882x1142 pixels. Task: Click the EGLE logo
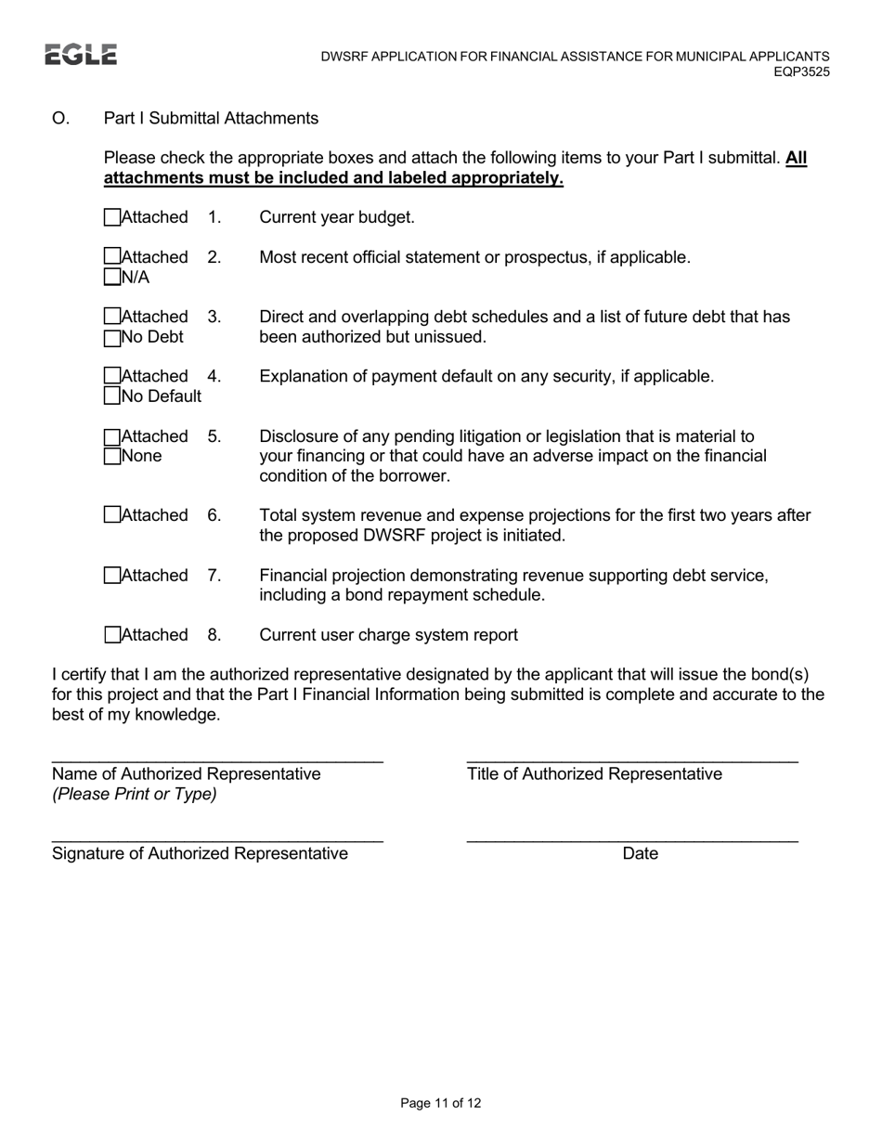pyautogui.click(x=81, y=55)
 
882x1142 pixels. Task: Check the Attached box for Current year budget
pyautogui.click(x=112, y=217)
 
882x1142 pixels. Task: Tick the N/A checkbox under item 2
pyautogui.click(x=112, y=277)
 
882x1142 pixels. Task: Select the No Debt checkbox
pyautogui.click(x=112, y=337)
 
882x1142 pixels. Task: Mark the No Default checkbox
pyautogui.click(x=112, y=396)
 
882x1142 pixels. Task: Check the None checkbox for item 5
pyautogui.click(x=112, y=456)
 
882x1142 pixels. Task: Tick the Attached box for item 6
pyautogui.click(x=112, y=515)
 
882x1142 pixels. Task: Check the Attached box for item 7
pyautogui.click(x=112, y=576)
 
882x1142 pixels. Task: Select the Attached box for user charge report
pyautogui.click(x=112, y=635)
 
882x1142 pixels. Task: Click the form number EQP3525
pyautogui.click(x=801, y=71)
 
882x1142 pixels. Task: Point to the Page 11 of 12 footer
pyautogui.click(x=440, y=1103)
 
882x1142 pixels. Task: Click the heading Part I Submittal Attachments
pyautogui.click(x=211, y=118)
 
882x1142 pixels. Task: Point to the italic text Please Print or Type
pyautogui.click(x=135, y=794)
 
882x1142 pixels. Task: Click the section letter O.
pyautogui.click(x=60, y=118)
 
